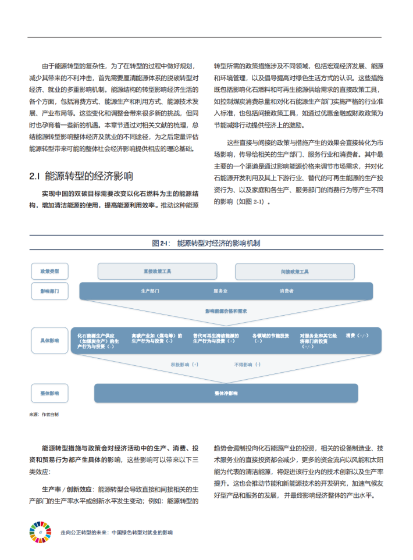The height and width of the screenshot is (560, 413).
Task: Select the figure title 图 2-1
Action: (206, 243)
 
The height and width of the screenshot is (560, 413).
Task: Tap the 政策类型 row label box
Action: (49, 271)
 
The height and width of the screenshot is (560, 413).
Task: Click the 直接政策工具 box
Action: (157, 271)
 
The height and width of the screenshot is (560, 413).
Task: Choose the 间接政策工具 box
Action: (294, 271)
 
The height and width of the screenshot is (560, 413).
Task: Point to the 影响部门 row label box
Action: (49, 290)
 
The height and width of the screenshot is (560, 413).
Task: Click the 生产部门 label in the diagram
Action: (150, 290)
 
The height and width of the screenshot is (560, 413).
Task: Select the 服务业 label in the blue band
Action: (220, 290)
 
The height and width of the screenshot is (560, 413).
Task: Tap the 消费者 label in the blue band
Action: (286, 290)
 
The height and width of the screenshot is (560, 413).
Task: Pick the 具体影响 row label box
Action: (49, 340)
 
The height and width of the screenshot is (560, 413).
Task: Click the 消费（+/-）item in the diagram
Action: (357, 336)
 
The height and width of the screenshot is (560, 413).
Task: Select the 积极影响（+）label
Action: (184, 364)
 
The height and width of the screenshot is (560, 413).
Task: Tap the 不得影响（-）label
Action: (247, 364)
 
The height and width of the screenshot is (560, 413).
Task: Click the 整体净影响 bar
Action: (226, 393)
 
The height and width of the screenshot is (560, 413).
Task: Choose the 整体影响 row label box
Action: (49, 393)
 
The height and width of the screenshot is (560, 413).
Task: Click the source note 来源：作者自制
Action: (44, 415)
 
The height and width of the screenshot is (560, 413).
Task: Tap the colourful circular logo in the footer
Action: (40, 532)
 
